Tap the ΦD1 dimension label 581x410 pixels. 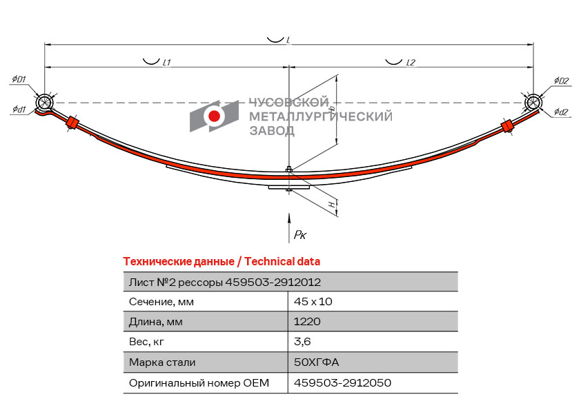pos(19,79)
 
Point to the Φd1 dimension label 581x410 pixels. pos(19,109)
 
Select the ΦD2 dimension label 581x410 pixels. pos(561,81)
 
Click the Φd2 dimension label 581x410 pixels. pos(561,112)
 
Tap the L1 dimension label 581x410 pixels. pos(167,63)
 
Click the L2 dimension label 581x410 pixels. pos(411,63)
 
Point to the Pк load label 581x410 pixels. pos(299,234)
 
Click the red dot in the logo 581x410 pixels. pos(214,116)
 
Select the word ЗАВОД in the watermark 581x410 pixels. pos(272,131)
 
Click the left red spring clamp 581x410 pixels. pos(72,123)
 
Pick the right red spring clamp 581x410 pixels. pos(506,126)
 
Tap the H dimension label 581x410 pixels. pos(333,203)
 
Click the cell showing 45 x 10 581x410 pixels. pos(313,302)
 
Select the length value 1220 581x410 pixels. pos(307,321)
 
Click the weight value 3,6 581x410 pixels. pos(302,341)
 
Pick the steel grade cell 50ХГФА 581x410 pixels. pos(317,362)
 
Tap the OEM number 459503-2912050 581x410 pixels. pos(342,382)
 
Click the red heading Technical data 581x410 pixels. pos(282,262)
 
